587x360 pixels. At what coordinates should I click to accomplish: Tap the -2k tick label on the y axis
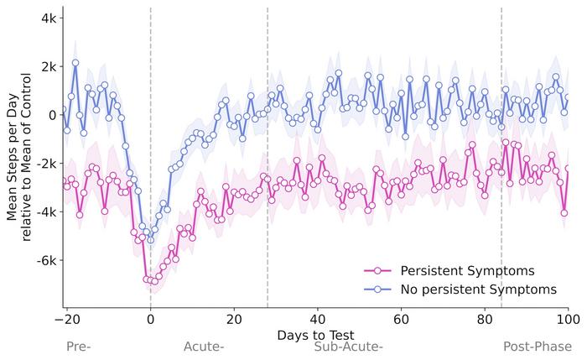tap(45, 163)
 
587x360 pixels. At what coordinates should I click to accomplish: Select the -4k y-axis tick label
tap(45, 211)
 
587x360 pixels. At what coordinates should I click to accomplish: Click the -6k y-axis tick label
tap(45, 260)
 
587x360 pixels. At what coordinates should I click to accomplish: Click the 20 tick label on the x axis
tap(234, 320)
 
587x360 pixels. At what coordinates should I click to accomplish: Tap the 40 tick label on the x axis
tap(318, 320)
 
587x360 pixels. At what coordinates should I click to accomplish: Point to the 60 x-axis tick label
tap(402, 320)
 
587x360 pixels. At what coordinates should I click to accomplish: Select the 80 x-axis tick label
tap(486, 320)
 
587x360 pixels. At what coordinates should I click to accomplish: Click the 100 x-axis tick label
tap(568, 320)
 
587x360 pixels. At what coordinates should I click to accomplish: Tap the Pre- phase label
tap(78, 347)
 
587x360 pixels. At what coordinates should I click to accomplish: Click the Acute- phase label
tap(204, 347)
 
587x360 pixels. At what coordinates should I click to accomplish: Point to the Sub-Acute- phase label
tap(348, 347)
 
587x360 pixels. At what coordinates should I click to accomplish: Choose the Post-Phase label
tap(537, 347)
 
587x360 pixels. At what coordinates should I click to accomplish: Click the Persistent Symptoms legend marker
tap(377, 270)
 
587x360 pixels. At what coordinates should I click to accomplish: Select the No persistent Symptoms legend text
tap(478, 290)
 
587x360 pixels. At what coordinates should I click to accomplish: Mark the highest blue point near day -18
tap(75, 62)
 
